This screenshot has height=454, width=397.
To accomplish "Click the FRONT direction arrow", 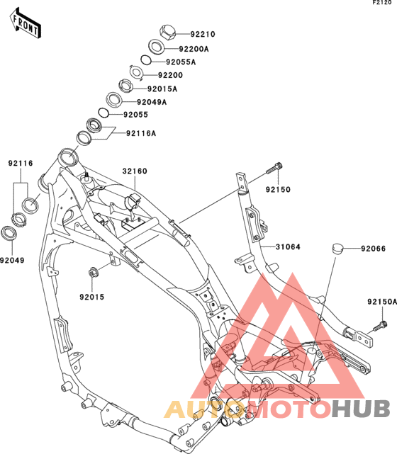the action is click(x=26, y=23).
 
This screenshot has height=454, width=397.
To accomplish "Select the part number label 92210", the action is click(x=203, y=34).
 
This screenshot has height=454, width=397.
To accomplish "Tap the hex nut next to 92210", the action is click(x=168, y=33).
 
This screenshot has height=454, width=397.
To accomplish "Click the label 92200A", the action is click(x=194, y=49).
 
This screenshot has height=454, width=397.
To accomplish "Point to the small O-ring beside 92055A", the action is click(x=146, y=60).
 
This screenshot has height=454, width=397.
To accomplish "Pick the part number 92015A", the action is click(x=162, y=89).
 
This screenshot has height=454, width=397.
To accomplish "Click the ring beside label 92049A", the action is click(x=114, y=100).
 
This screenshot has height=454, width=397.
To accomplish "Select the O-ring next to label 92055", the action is click(x=104, y=113).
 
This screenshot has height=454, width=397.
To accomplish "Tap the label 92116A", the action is click(x=141, y=133).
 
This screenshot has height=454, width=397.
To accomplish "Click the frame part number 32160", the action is click(x=135, y=171).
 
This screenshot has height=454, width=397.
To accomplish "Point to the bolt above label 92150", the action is click(x=274, y=168).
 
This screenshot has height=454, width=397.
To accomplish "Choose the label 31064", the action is click(x=288, y=246).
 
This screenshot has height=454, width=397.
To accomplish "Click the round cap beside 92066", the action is click(x=337, y=249).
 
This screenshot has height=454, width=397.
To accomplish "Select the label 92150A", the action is click(x=382, y=302).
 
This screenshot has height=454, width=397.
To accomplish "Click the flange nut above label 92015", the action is click(x=93, y=273).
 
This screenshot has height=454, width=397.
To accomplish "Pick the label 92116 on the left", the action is click(x=21, y=164).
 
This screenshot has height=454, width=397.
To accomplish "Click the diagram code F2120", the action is click(x=382, y=2).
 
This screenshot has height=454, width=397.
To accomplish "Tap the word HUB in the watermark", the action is click(x=360, y=409).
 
